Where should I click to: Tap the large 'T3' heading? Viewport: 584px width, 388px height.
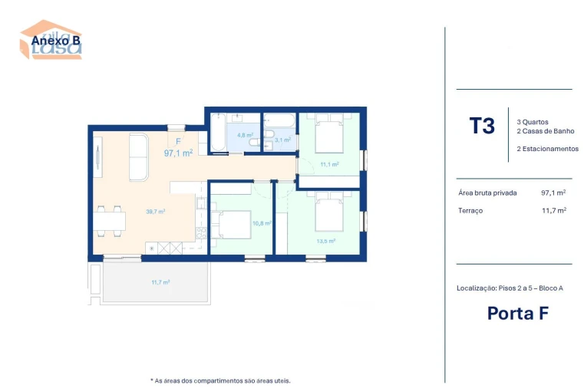(482, 126)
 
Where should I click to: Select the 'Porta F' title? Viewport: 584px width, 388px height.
(518, 313)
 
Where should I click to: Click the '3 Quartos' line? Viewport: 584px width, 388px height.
(533, 122)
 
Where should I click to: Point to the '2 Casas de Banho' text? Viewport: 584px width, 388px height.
(545, 131)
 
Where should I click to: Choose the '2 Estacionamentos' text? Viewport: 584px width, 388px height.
(547, 149)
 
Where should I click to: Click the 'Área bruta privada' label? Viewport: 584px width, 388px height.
(487, 193)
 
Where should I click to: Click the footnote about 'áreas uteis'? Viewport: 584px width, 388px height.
(220, 380)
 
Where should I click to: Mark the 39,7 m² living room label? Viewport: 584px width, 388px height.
(156, 211)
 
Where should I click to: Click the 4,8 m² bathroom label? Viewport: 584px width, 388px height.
(245, 135)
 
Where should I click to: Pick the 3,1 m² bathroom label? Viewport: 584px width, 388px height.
(282, 140)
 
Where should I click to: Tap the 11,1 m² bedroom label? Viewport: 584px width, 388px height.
(329, 164)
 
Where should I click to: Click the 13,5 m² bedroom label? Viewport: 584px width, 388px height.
(326, 240)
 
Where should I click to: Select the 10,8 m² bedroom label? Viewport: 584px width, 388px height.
(262, 223)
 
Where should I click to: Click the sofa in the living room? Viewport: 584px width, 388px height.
(139, 157)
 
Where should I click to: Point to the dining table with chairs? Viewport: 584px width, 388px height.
(111, 220)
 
